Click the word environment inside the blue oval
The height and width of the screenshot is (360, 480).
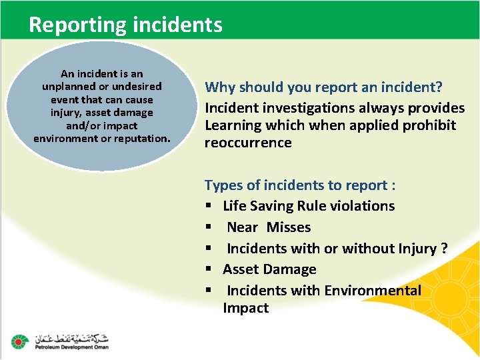point(65,138)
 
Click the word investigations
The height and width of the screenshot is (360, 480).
point(304,107)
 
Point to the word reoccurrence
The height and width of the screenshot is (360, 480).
point(248,143)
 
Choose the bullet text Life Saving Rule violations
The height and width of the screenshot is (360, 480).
point(309,206)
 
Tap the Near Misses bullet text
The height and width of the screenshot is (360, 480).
point(269,227)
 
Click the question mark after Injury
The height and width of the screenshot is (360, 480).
point(444,249)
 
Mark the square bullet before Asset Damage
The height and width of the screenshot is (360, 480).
point(209,269)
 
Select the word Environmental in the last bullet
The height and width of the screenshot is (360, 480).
point(373,291)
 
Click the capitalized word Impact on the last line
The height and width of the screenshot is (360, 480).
point(245,308)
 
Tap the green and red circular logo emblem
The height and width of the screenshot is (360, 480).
point(19,341)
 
